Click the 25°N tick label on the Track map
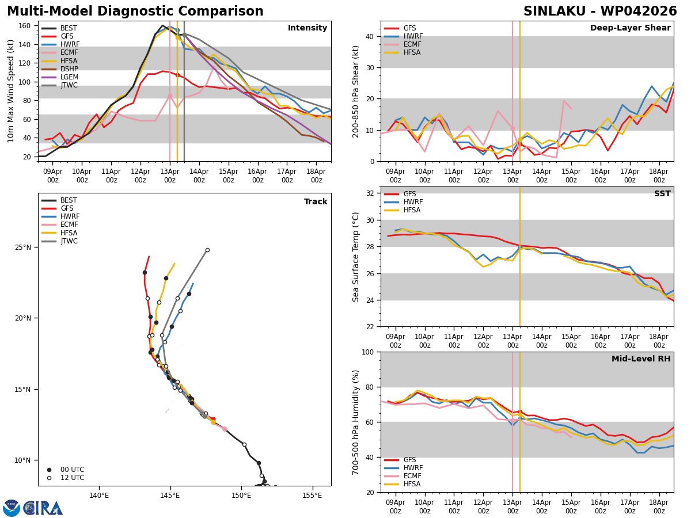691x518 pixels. tap(23, 247)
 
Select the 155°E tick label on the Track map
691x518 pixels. tap(312, 496)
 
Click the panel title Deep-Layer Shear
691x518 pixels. tap(630, 28)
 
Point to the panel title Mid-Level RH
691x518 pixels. tap(641, 359)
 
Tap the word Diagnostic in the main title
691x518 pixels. tap(134, 12)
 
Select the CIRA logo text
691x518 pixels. tap(43, 508)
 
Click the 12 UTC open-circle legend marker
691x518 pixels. tap(49, 478)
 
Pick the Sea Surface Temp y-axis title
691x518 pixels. tap(355, 257)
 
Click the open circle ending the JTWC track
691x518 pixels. tap(207, 250)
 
